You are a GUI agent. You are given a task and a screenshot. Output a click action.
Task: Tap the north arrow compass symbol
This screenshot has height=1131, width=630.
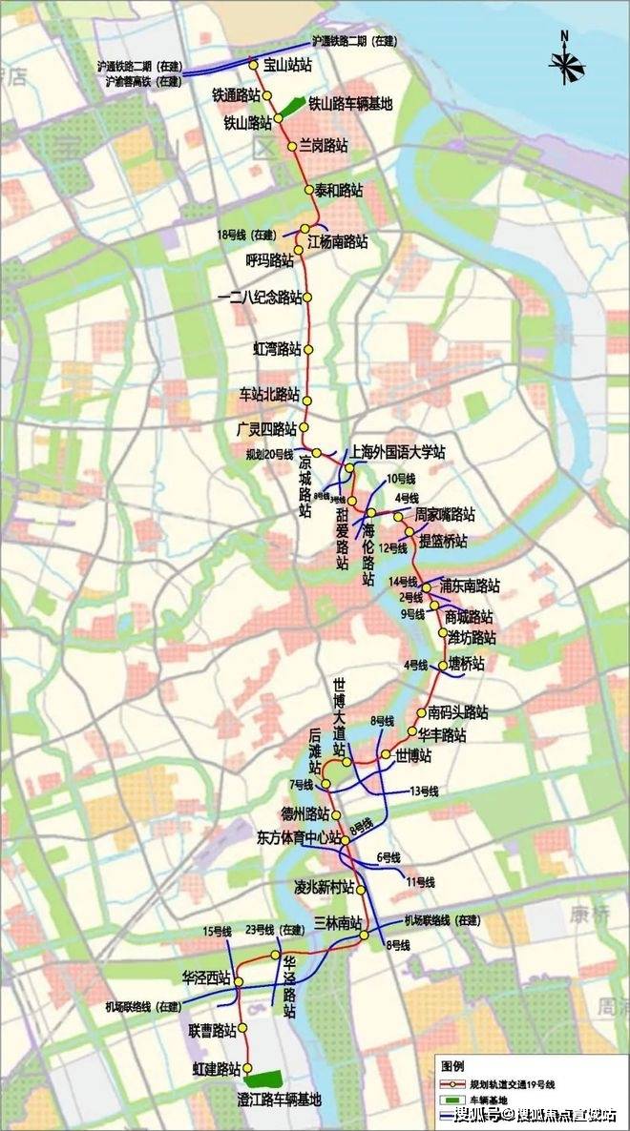567,62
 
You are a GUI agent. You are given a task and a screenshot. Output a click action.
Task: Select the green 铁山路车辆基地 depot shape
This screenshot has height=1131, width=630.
292,109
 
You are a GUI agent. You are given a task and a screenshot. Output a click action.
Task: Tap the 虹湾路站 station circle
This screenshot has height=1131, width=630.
308,349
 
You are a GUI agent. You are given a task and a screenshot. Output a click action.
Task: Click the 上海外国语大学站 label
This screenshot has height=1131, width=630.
398,452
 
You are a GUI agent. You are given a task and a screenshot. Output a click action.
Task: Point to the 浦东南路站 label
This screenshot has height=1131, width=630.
470,586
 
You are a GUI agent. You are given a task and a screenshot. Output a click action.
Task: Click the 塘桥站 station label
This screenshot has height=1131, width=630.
466,664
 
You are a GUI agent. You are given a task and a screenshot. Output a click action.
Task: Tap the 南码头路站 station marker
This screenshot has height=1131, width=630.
421,713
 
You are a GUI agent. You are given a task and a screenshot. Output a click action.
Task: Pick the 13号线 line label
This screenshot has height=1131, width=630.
423,791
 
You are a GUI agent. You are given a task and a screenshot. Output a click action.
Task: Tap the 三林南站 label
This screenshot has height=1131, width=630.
338,923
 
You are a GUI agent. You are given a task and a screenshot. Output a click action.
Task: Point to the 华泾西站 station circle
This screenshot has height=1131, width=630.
239,981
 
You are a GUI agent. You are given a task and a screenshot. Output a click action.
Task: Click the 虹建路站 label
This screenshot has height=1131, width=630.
216,1069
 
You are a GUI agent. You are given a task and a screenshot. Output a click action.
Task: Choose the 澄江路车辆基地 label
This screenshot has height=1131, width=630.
279,1100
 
